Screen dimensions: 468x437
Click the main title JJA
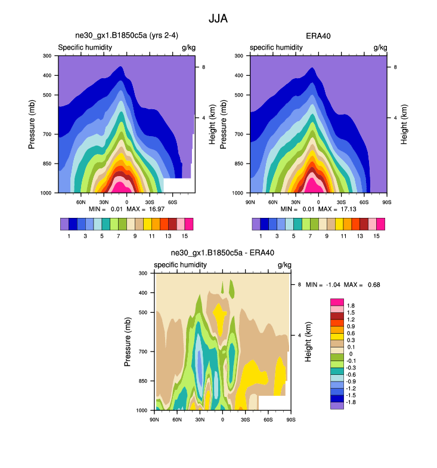pos(218,19)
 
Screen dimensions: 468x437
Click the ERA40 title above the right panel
pos(318,36)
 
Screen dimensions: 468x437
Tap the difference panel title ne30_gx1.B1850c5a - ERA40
pos(222,253)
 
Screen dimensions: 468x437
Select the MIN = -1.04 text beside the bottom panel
pos(322,285)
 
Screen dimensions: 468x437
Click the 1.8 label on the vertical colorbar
pos(352,306)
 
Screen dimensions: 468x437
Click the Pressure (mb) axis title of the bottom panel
pos(128,341)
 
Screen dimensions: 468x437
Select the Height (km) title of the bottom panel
pos(308,341)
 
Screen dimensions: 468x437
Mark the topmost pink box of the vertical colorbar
pos(337,302)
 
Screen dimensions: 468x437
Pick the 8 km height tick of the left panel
pos(203,67)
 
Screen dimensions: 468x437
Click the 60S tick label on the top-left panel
pos(172,202)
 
